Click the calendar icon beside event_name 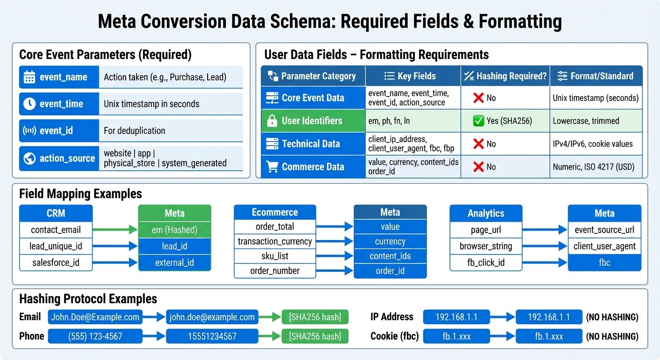pos(29,77)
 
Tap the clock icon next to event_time pos(29,104)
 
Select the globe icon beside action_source pos(29,158)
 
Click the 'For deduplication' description pos(135,131)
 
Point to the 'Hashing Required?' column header pos(505,76)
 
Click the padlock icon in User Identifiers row pos(272,121)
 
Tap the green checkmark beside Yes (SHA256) pos(479,121)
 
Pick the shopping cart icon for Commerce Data pos(272,166)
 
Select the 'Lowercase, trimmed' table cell pos(586,121)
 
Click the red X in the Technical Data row pos(478,144)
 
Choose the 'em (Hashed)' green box pos(174,230)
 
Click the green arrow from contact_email pos(115,230)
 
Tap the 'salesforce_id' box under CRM pos(55,262)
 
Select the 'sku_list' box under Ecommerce pos(275,256)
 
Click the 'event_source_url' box pos(604,230)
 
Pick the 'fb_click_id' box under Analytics pos(486,262)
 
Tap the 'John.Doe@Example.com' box pos(95,317)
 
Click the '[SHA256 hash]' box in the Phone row pos(315,336)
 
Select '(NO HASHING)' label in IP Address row pos(612,317)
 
